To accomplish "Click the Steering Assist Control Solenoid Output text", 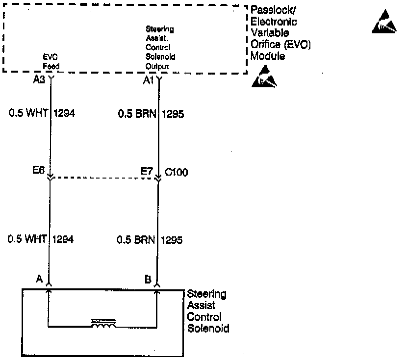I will (x=160, y=48).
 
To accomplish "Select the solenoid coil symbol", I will (x=103, y=323).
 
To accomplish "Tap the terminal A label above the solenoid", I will (x=39, y=279).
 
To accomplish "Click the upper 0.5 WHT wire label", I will (x=28, y=113).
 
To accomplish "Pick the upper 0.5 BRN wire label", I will (x=137, y=113).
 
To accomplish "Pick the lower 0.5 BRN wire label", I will (x=136, y=240).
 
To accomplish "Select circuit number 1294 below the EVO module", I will (x=64, y=113).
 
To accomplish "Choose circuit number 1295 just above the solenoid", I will (x=172, y=240).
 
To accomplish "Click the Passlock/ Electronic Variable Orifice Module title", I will (x=280, y=32).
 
